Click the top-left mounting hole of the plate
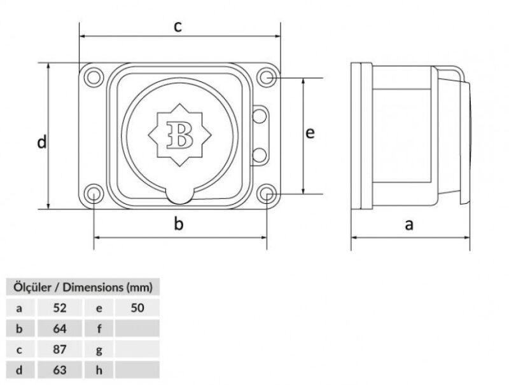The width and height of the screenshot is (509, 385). (x=94, y=77)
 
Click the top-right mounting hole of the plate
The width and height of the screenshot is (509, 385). (x=267, y=78)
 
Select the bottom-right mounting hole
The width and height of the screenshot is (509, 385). (x=267, y=194)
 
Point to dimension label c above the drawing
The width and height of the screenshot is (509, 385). (x=178, y=27)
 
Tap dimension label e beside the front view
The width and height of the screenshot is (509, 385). (x=310, y=133)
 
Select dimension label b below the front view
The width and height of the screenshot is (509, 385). (x=179, y=224)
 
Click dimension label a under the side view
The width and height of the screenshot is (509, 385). (x=410, y=224)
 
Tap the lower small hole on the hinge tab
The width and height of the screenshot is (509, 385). (x=260, y=154)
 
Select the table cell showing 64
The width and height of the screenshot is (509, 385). (x=60, y=328)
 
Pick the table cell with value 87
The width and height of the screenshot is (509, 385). (x=60, y=348)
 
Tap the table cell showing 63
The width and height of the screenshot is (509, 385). (x=60, y=368)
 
